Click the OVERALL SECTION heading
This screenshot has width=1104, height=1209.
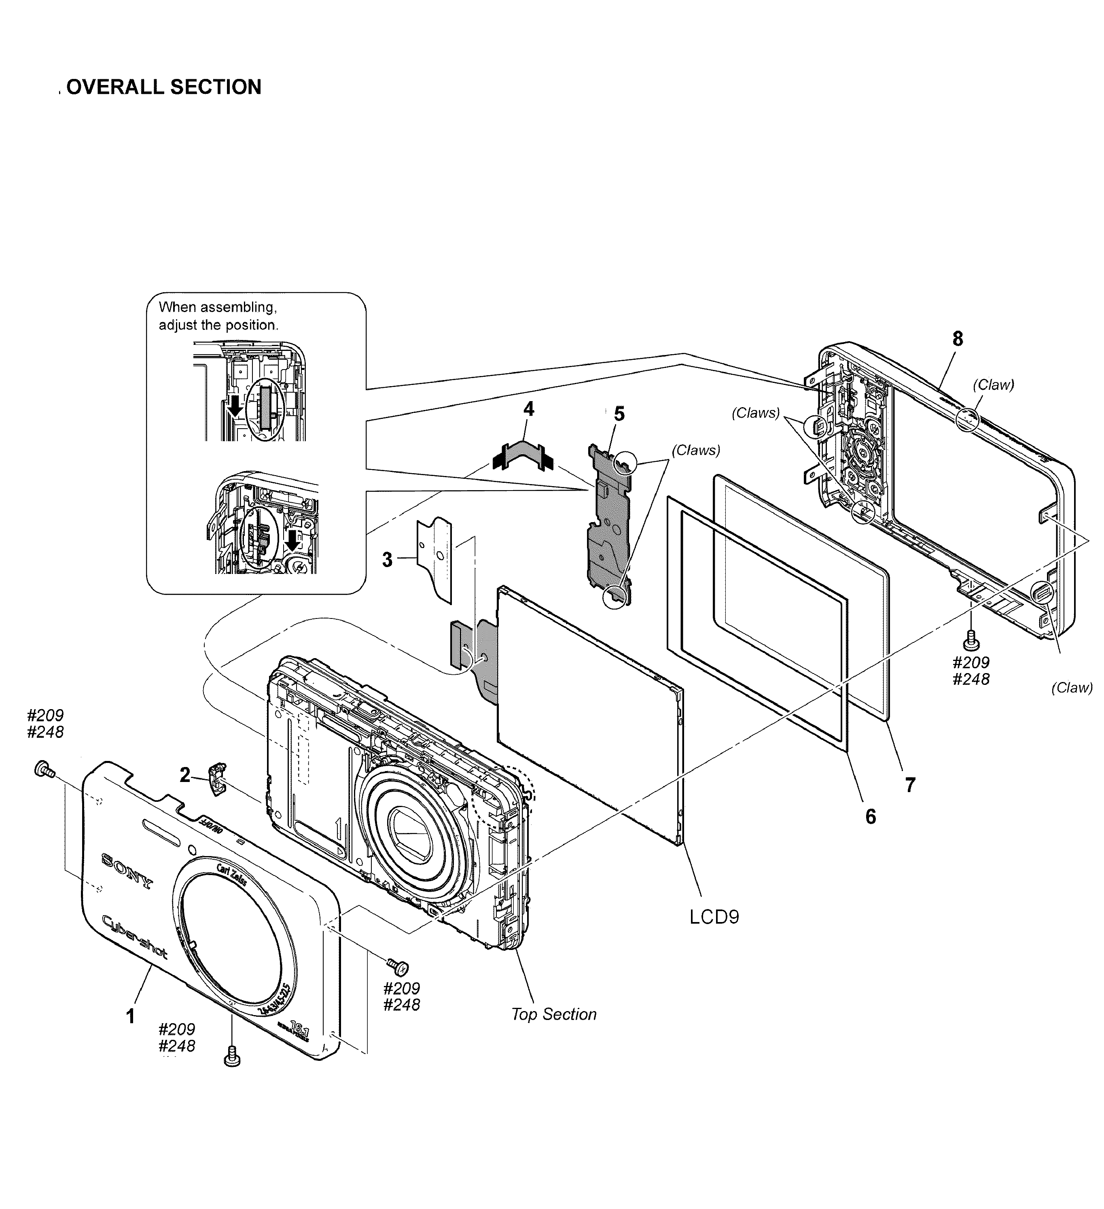coord(163,87)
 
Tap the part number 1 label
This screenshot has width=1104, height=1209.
coord(129,1016)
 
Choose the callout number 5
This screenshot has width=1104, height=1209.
coord(619,414)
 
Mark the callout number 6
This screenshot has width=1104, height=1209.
coord(870,816)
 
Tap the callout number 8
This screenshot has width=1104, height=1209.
coord(958,339)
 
